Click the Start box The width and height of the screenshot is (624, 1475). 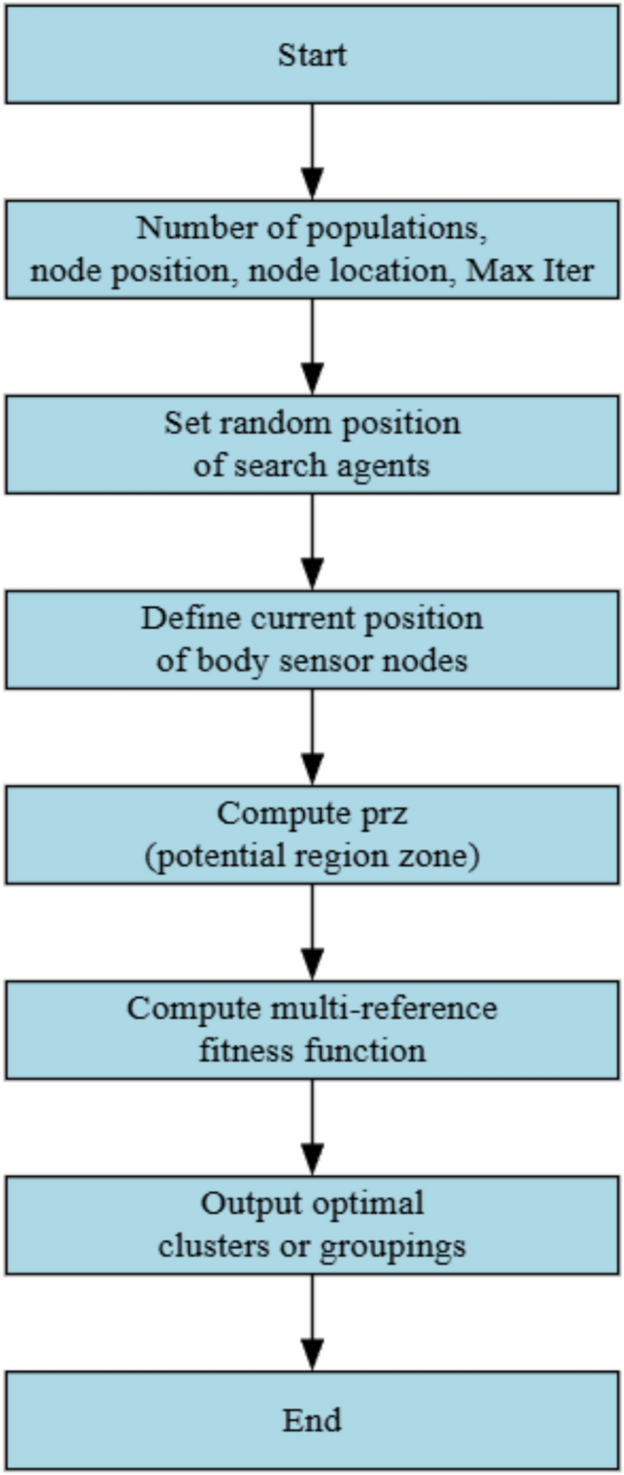click(x=312, y=55)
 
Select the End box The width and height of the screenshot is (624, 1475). click(x=312, y=1420)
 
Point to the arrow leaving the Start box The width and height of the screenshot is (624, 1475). click(x=312, y=150)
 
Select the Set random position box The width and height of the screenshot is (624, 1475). click(x=312, y=445)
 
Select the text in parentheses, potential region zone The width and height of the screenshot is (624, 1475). click(x=312, y=856)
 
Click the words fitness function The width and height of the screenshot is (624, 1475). click(x=312, y=1050)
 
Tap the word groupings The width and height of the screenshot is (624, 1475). click(x=393, y=1245)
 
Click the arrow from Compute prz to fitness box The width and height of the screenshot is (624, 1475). click(x=312, y=931)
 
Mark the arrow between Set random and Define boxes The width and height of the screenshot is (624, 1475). click(x=312, y=541)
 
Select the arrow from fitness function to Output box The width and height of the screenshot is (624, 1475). click(x=312, y=1126)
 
